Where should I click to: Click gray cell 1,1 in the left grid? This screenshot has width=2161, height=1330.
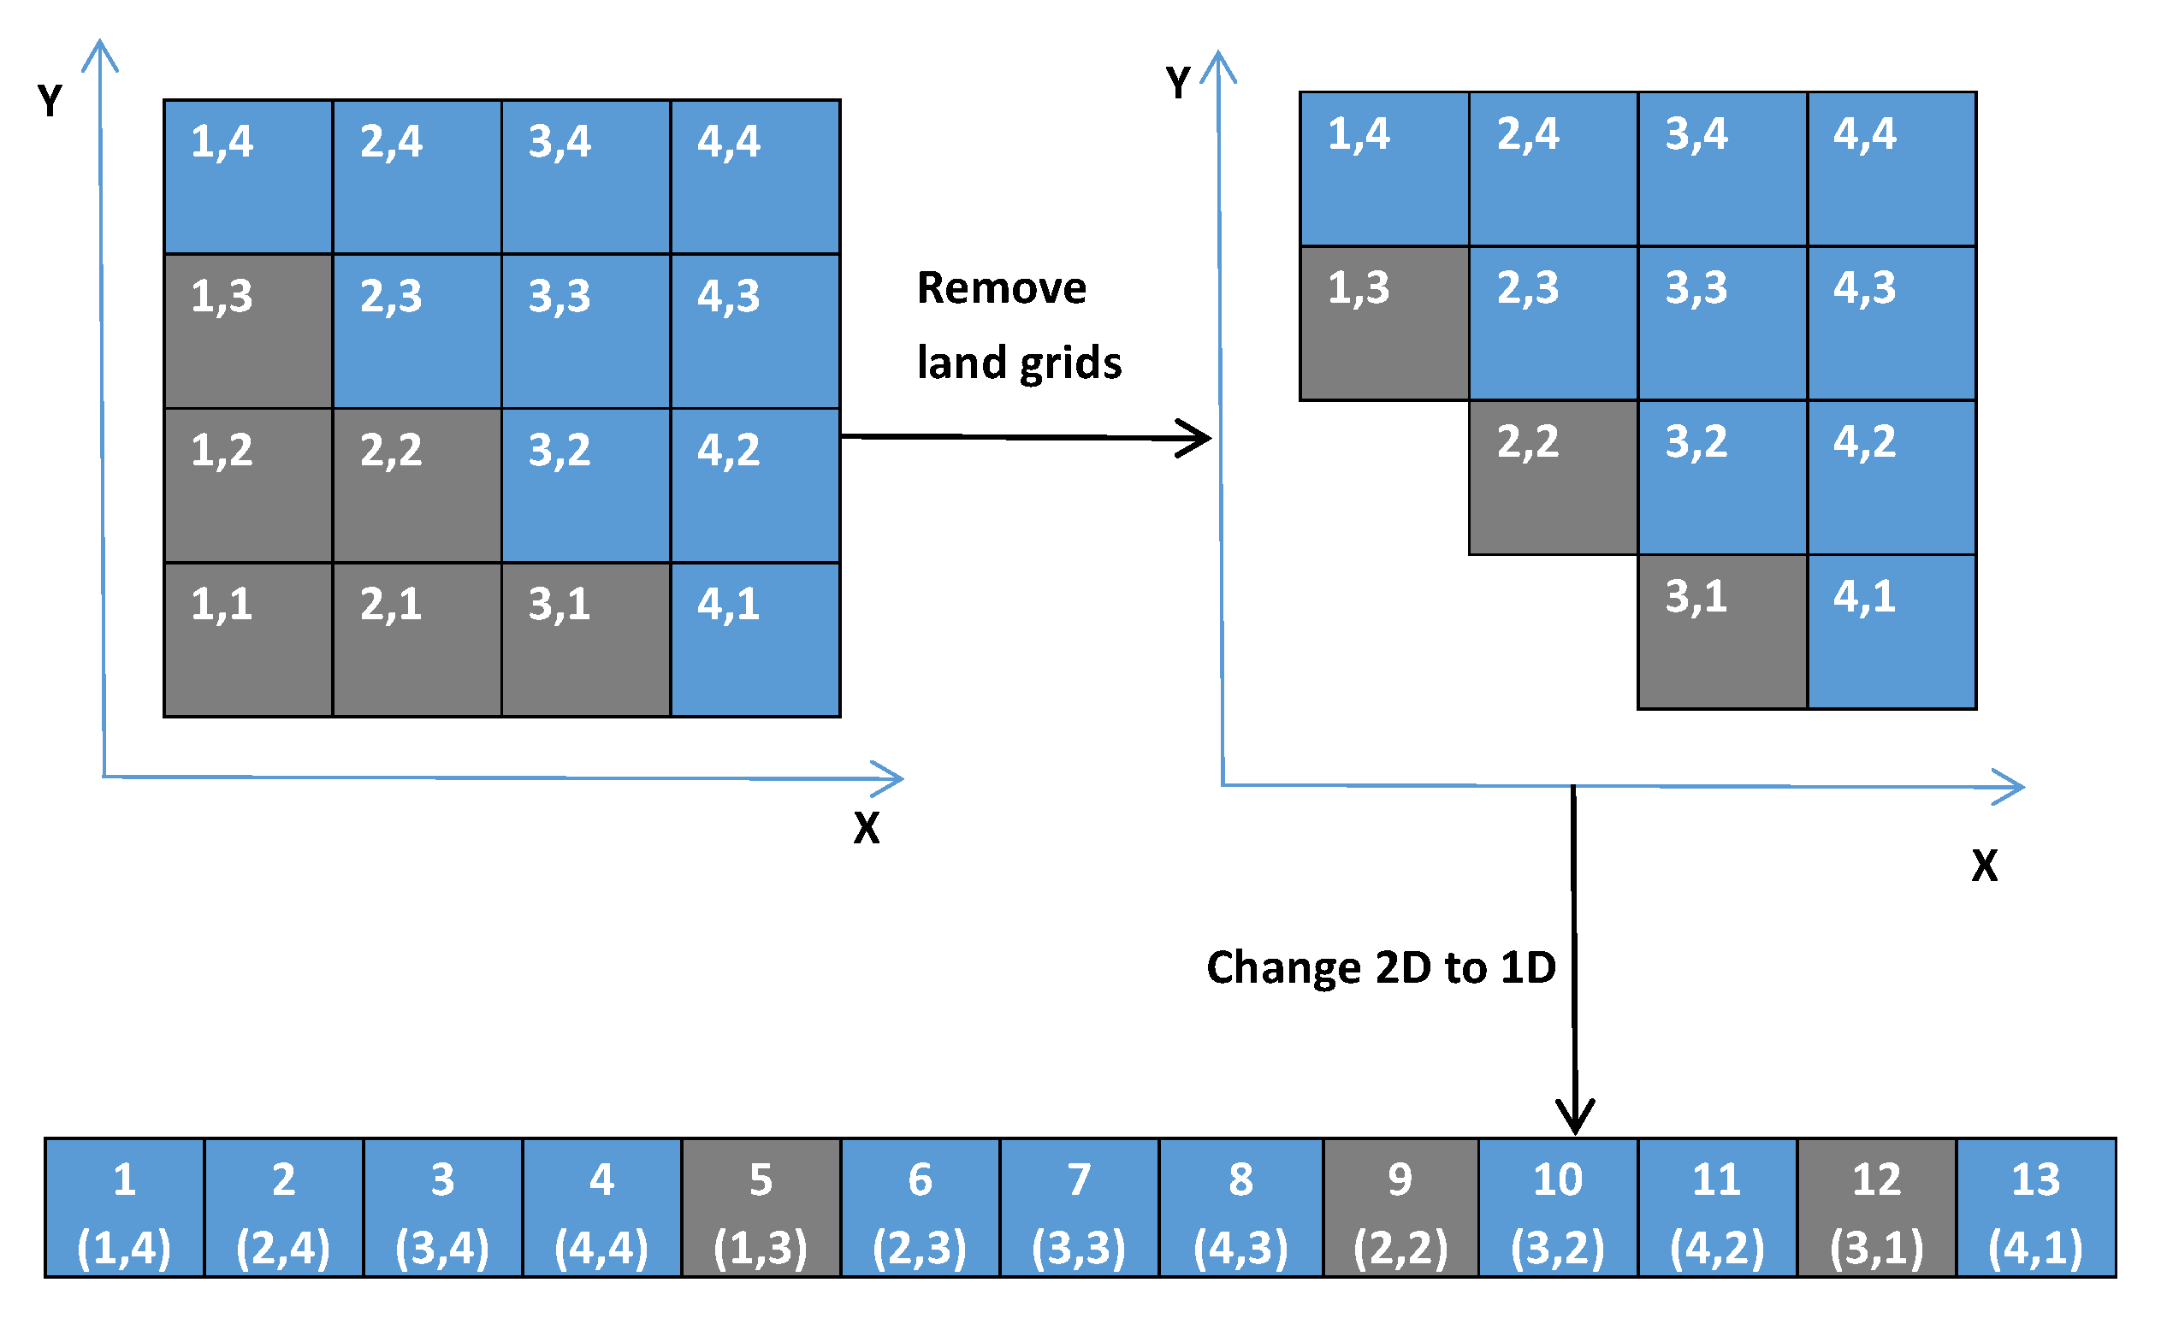pos(248,640)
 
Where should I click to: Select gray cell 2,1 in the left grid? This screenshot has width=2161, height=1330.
pos(417,640)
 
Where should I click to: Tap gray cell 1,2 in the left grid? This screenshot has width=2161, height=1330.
pos(248,485)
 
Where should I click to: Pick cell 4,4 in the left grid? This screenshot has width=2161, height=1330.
pos(755,176)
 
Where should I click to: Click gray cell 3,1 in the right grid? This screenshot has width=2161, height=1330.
pos(1722,631)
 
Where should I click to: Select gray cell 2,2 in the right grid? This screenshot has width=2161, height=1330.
pos(1553,477)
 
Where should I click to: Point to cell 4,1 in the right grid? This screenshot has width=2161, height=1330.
pos(1892,631)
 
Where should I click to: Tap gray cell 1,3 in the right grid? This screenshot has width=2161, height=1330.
pos(1384,322)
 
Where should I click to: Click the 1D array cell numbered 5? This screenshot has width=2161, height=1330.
pos(761,1207)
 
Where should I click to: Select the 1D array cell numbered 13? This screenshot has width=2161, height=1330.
pos(2035,1207)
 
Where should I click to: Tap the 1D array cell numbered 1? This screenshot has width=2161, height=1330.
pos(124,1207)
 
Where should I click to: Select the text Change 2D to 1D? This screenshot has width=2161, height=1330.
pos(1381,967)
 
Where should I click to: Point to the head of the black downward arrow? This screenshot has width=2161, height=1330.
pos(1575,1121)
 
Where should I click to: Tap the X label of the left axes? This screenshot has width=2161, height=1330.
pos(866,828)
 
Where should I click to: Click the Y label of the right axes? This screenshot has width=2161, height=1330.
pos(1177,83)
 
